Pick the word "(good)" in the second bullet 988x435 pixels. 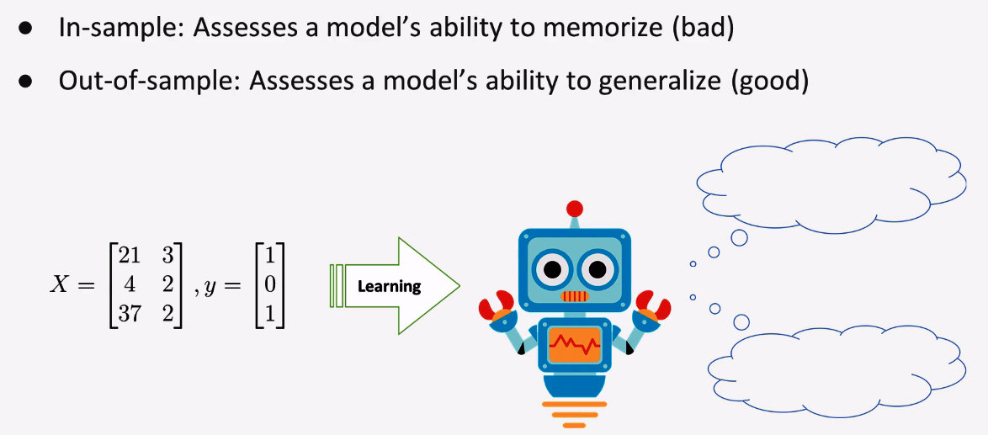[x=771, y=82]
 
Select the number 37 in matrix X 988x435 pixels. [x=130, y=314]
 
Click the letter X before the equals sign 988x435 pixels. [x=60, y=286]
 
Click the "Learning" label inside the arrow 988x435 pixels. [x=389, y=286]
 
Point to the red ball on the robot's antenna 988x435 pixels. [x=575, y=209]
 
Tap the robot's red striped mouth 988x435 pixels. [x=575, y=296]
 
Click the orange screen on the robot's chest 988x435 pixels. [x=574, y=344]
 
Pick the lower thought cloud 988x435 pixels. [x=837, y=371]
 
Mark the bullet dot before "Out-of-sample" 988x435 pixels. [x=25, y=82]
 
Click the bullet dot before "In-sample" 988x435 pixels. [x=25, y=30]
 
